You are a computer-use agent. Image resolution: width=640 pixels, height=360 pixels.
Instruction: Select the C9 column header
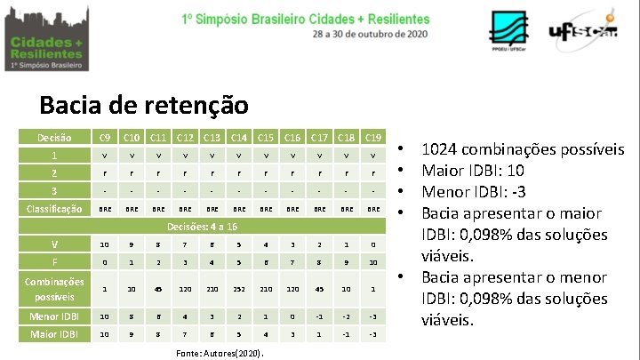[x=105, y=137]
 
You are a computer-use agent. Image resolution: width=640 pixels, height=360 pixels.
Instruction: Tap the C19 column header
[x=373, y=137]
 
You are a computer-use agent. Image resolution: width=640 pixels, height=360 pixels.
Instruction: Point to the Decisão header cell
[x=55, y=137]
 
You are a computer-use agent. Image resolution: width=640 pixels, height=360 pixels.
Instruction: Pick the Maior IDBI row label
[x=55, y=334]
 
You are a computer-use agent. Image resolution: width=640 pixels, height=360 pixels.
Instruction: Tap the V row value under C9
[x=105, y=244]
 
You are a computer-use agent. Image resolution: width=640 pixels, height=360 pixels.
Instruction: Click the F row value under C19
[x=373, y=262]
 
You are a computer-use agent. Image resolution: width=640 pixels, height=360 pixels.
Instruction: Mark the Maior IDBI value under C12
[x=185, y=334]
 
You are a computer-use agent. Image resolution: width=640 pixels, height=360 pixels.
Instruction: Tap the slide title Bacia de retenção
[x=144, y=106]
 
